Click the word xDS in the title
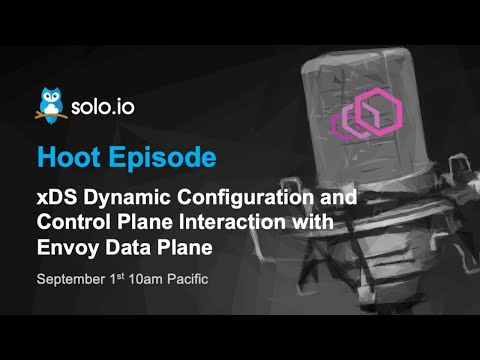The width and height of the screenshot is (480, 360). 57,199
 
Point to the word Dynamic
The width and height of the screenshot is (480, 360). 125,199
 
